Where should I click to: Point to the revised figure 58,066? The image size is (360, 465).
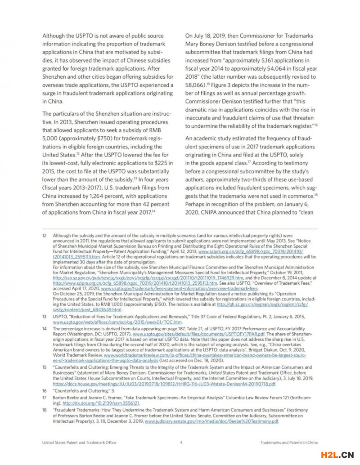click(x=197, y=85)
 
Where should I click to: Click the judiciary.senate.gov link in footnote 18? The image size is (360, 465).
click(x=211, y=422)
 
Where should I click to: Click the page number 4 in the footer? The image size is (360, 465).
click(x=181, y=443)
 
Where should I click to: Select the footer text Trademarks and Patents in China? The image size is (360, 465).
click(x=289, y=443)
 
